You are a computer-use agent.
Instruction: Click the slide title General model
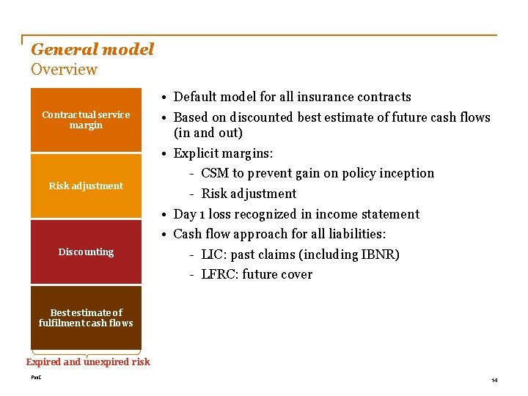click(x=92, y=50)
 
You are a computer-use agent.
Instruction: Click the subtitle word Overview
click(x=64, y=70)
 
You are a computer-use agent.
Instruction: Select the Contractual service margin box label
click(x=86, y=120)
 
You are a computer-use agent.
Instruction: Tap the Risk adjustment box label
click(x=86, y=186)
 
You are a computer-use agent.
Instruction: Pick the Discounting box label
click(x=86, y=252)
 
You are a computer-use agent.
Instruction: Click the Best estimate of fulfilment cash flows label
click(x=86, y=318)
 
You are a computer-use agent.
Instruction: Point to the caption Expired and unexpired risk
click(x=88, y=362)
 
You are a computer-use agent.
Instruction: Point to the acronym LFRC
click(x=219, y=274)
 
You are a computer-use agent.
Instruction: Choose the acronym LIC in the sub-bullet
click(x=213, y=254)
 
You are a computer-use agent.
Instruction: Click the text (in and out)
click(x=208, y=133)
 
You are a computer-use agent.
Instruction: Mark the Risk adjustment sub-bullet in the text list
click(x=249, y=194)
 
